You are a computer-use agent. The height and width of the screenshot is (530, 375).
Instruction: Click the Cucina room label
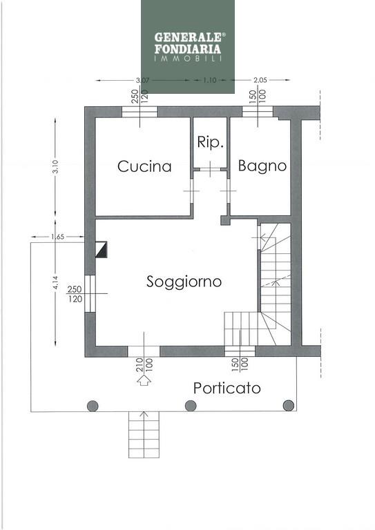tap(144, 166)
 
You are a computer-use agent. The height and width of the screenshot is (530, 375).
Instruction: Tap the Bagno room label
tap(262, 166)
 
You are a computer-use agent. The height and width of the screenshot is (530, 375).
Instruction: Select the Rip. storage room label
tap(211, 142)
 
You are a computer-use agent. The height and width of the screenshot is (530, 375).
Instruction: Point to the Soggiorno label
tap(184, 282)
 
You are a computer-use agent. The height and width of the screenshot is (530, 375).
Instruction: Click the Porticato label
tap(227, 388)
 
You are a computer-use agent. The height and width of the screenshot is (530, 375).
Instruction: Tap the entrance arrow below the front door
tap(144, 380)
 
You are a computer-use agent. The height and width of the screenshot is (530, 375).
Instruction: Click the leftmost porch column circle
tap(93, 406)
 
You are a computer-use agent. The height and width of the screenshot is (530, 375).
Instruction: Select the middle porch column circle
tap(191, 406)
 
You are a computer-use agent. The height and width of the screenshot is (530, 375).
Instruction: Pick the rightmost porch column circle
tap(289, 405)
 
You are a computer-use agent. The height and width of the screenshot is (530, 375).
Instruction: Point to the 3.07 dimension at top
tap(142, 81)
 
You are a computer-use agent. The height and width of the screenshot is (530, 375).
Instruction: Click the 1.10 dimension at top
tap(210, 81)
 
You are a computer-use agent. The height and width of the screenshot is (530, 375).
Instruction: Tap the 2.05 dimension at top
tap(260, 80)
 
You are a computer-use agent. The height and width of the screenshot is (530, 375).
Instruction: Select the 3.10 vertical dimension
tap(55, 166)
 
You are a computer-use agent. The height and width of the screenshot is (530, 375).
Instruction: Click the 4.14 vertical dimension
tap(55, 283)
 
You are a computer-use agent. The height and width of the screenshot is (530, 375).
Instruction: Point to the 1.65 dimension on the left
tap(57, 237)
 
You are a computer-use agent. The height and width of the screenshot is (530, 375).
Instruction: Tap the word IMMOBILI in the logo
tap(188, 58)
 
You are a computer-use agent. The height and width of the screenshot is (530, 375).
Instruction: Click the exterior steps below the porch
tap(144, 434)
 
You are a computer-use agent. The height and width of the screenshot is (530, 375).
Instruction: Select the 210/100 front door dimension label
tap(144, 364)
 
